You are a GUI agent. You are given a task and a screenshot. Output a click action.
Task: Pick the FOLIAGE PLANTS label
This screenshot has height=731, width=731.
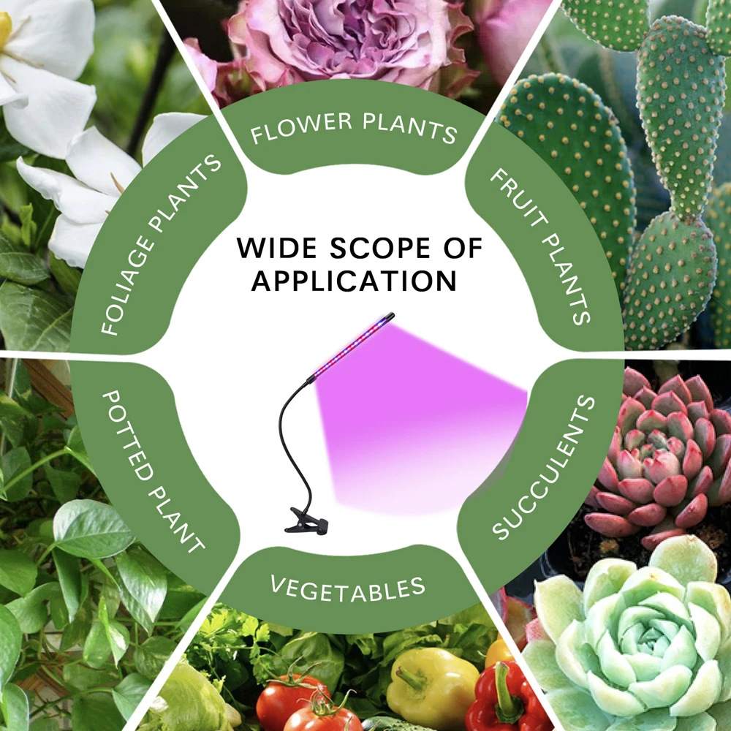coord(160,245)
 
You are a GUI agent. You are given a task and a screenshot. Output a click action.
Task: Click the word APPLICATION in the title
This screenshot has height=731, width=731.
coord(355,281)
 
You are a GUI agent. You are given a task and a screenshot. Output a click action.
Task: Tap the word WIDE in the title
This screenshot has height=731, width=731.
coord(276,249)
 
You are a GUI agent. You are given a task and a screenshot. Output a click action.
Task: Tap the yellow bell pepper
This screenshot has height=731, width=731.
coord(431,687)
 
